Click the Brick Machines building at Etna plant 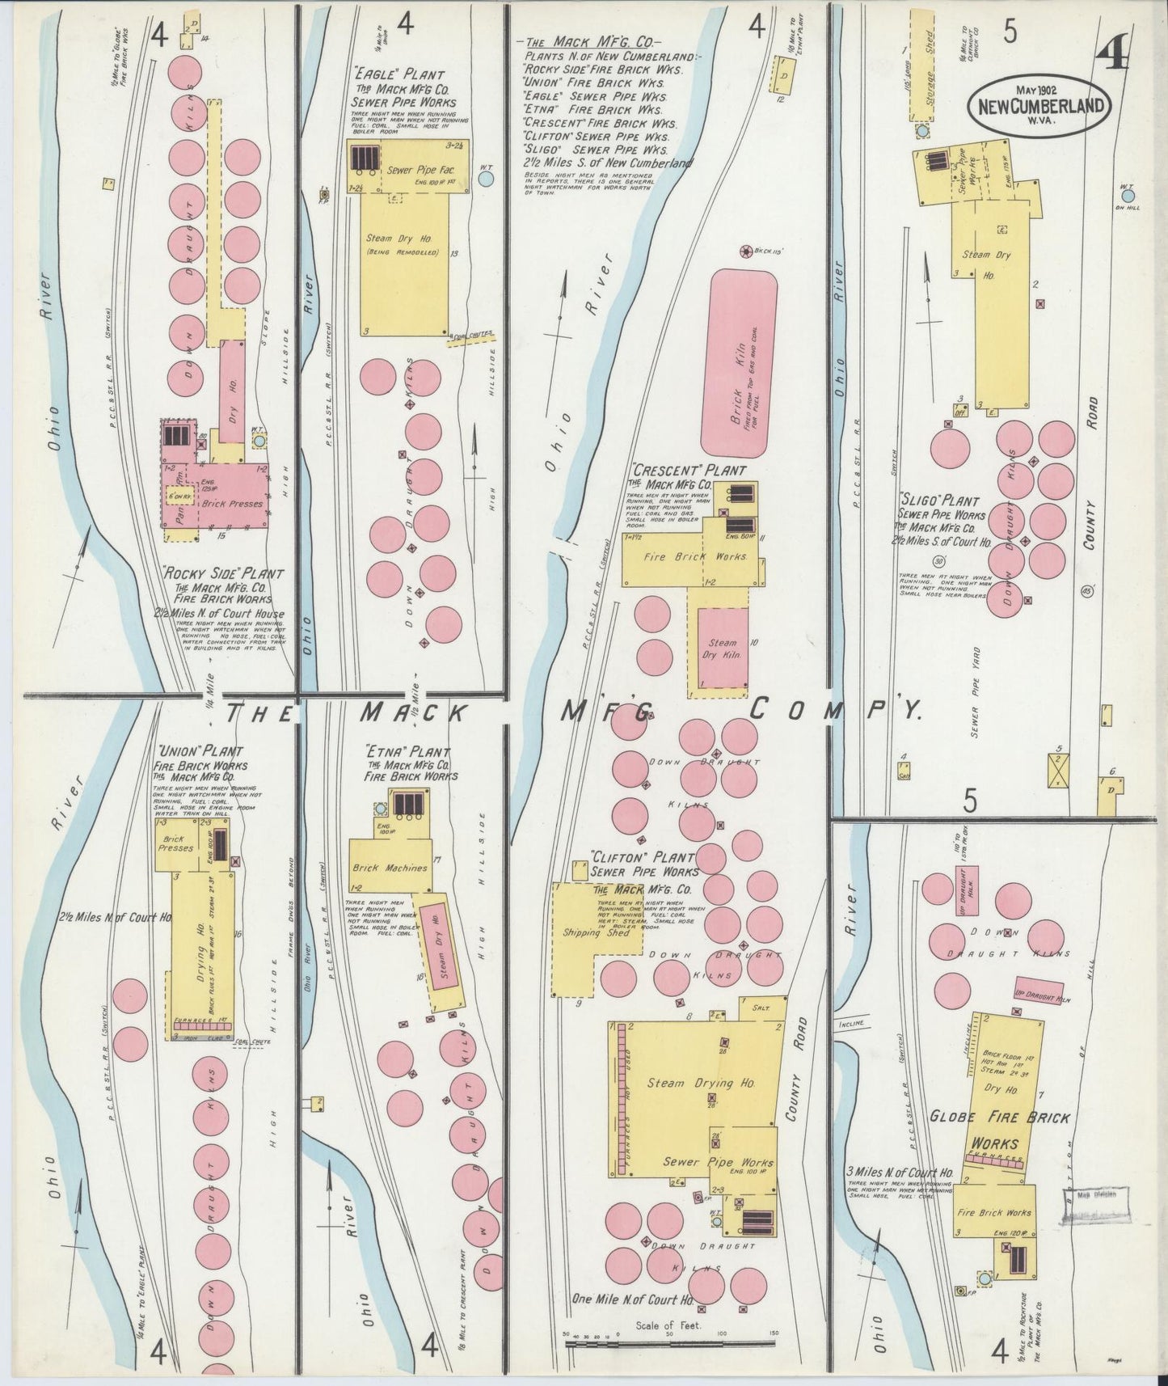coord(390,868)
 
